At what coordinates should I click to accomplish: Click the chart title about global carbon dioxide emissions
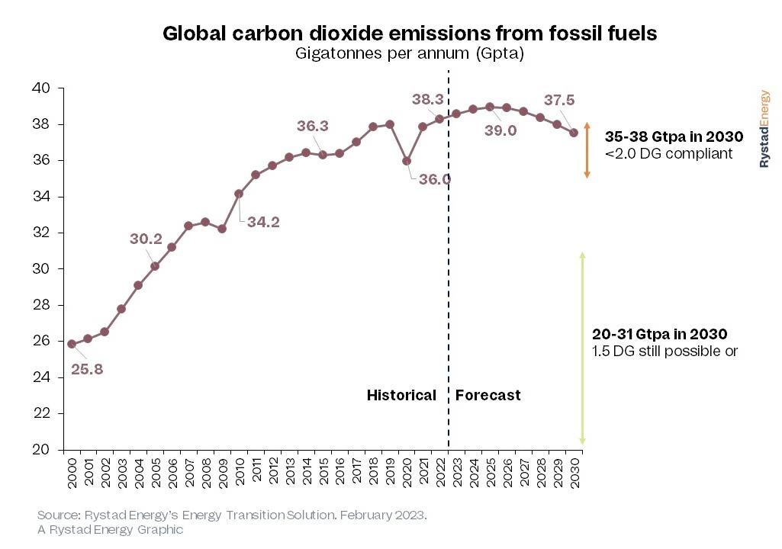410,34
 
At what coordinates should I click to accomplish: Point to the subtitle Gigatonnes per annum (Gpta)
410,54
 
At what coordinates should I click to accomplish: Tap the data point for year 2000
72,344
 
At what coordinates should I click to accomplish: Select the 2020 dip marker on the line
407,161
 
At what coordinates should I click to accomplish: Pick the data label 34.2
263,223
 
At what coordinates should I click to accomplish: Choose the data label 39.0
500,130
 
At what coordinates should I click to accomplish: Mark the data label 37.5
559,100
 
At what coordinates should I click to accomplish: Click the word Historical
401,395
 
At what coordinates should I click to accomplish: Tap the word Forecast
488,395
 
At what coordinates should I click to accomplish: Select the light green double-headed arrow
583,348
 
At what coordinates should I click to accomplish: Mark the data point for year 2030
574,133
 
